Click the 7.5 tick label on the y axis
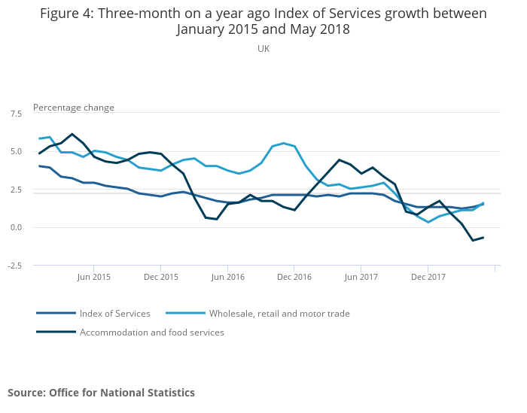(x=16, y=113)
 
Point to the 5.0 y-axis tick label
(x=16, y=151)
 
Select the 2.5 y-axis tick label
(x=16, y=190)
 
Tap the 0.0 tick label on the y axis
(x=16, y=227)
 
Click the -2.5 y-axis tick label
(x=14, y=266)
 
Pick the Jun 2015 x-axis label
(x=93, y=277)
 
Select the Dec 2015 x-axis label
(x=160, y=277)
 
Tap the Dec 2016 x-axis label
(x=294, y=277)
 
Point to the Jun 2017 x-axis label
(x=361, y=277)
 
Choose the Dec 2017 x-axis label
(x=428, y=277)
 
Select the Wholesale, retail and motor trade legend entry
(x=279, y=314)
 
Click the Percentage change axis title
(x=74, y=108)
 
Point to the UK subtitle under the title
(x=263, y=49)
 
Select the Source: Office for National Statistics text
(x=101, y=393)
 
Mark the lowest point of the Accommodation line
(x=473, y=240)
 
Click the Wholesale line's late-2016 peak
(x=283, y=143)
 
